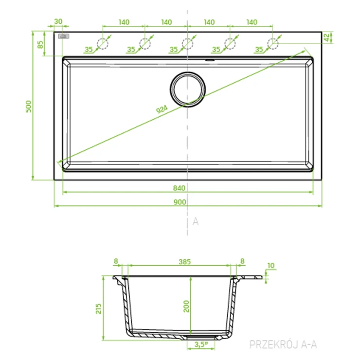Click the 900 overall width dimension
(180, 202)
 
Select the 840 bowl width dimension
(179, 188)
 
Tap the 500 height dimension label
(28, 107)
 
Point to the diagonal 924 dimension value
(162, 109)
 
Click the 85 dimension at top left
(40, 45)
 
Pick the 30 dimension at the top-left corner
(58, 21)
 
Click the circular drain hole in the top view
(188, 90)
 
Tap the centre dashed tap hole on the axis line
(188, 44)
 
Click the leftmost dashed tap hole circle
(103, 44)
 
